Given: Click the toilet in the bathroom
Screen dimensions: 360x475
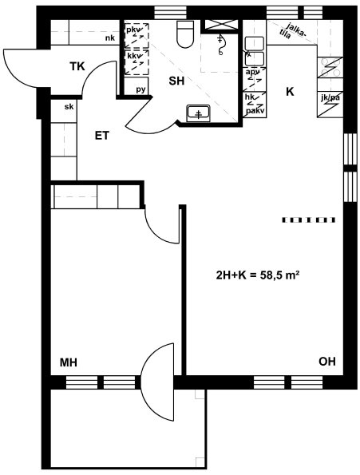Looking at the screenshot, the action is pos(185,34).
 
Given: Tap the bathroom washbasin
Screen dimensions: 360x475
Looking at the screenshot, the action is pos(198,113).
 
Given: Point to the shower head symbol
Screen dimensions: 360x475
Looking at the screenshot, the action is pos(221,45).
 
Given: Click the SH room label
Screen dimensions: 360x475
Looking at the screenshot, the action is pos(176,81).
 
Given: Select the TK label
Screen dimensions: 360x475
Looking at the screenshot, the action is pos(77,66).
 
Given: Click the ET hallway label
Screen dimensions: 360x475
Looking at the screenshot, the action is pos(102,136).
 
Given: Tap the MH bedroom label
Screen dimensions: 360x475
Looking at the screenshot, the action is pos(69,362).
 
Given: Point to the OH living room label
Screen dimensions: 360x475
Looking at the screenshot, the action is pos(327,362).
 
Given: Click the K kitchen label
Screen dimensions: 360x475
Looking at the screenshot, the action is pos(290,92).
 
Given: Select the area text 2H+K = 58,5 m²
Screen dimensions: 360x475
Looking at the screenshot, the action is pos(258,275).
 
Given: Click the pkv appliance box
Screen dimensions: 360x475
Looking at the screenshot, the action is pos(136,35).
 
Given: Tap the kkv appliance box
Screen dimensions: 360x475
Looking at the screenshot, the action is pos(136,62).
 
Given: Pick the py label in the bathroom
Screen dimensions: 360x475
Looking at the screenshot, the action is pos(140,89).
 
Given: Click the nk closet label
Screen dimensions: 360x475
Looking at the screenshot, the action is pos(110,38).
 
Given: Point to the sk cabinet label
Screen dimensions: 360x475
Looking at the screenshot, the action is pos(69,107).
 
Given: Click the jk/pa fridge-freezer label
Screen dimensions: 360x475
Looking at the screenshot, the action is pos(330,98).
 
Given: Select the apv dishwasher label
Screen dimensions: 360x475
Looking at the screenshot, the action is pos(252,72).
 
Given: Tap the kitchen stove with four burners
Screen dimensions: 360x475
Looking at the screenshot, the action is pos(330,68).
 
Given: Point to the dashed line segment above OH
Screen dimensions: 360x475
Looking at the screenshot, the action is pos(309,220).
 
